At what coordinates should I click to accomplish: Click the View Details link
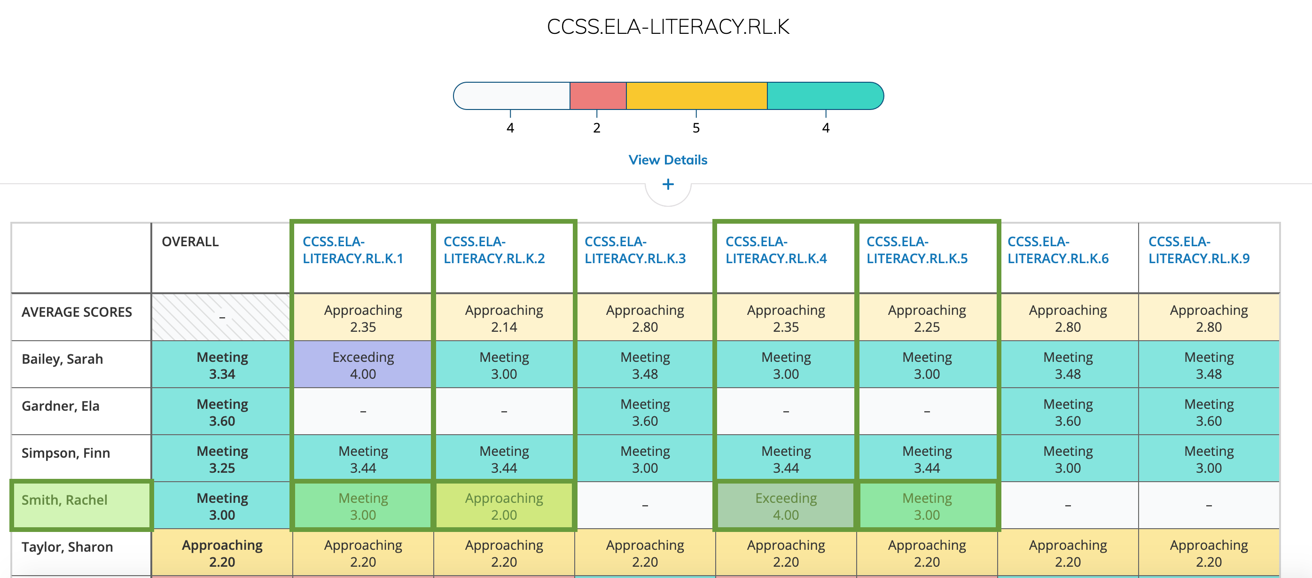(668, 160)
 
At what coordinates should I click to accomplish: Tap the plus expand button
(668, 184)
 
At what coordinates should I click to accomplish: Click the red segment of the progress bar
(598, 96)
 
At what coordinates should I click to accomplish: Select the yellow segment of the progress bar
(696, 96)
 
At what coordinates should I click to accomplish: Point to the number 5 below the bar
(696, 128)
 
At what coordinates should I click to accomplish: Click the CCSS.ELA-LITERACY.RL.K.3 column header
(634, 250)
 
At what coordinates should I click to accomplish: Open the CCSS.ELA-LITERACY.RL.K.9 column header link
(1198, 250)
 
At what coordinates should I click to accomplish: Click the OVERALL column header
(190, 242)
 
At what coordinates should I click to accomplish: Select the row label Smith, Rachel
(65, 500)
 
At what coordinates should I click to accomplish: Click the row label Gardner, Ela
(61, 406)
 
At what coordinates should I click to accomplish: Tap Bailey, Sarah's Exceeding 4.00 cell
(363, 365)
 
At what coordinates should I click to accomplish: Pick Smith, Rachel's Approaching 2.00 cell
(504, 506)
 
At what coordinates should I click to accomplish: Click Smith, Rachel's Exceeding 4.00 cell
(786, 506)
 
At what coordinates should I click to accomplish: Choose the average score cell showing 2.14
(504, 318)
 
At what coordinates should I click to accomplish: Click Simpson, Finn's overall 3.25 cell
(222, 459)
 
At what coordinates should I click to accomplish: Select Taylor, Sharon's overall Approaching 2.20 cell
(222, 553)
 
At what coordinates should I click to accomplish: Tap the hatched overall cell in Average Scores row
(222, 317)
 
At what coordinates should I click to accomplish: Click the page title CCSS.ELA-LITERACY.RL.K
(668, 26)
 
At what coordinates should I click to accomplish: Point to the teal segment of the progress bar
(825, 96)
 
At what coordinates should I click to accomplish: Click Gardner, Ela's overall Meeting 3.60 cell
(222, 413)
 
